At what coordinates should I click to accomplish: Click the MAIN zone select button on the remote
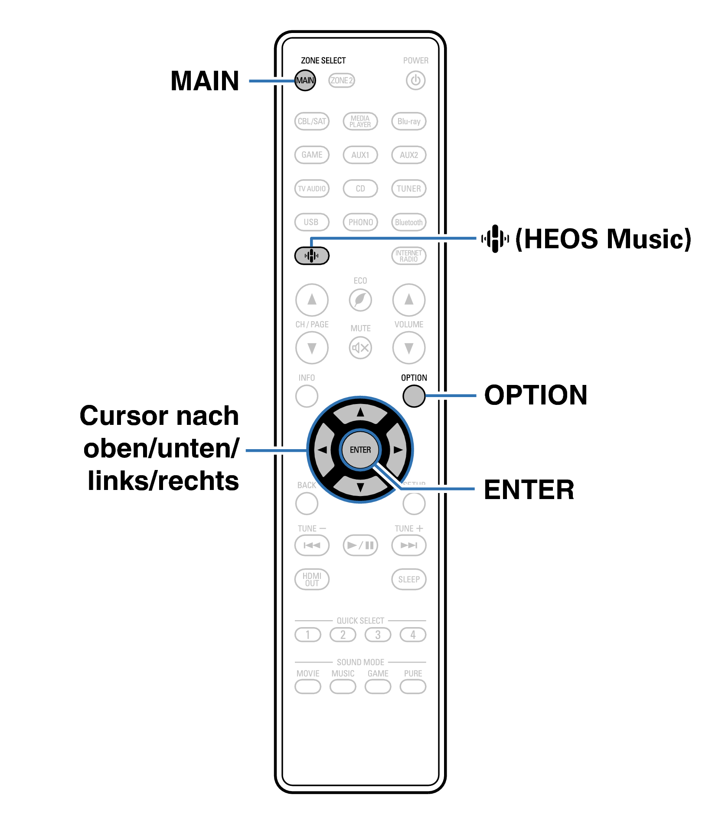pos(305,80)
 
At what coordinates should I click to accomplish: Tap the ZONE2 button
pos(341,80)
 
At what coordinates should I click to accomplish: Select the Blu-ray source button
pos(408,121)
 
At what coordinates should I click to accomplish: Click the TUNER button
pos(408,188)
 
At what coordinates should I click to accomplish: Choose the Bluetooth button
pos(408,222)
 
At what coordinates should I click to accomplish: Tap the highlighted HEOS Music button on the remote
pos(311,256)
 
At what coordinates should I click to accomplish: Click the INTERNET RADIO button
pos(408,256)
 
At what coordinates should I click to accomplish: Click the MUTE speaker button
pos(360,348)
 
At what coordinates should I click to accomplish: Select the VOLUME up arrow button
pos(408,299)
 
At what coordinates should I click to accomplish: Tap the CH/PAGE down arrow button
pos(311,348)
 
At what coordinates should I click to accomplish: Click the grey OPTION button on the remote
pos(414,396)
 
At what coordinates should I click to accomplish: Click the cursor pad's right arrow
pos(397,450)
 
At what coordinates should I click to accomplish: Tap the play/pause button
pos(360,545)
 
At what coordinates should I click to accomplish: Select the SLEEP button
pos(408,579)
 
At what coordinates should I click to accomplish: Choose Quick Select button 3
pos(378,635)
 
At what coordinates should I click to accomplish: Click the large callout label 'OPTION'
pos(536,395)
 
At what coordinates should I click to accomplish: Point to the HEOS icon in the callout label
pos(495,238)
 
